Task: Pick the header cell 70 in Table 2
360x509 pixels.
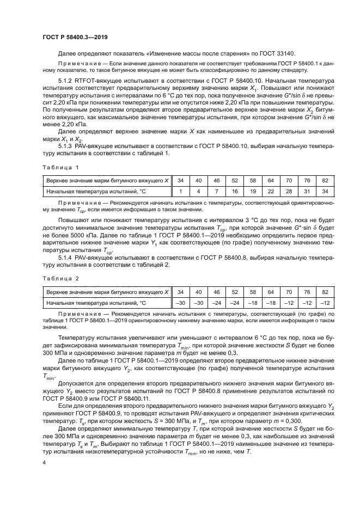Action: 289,291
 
